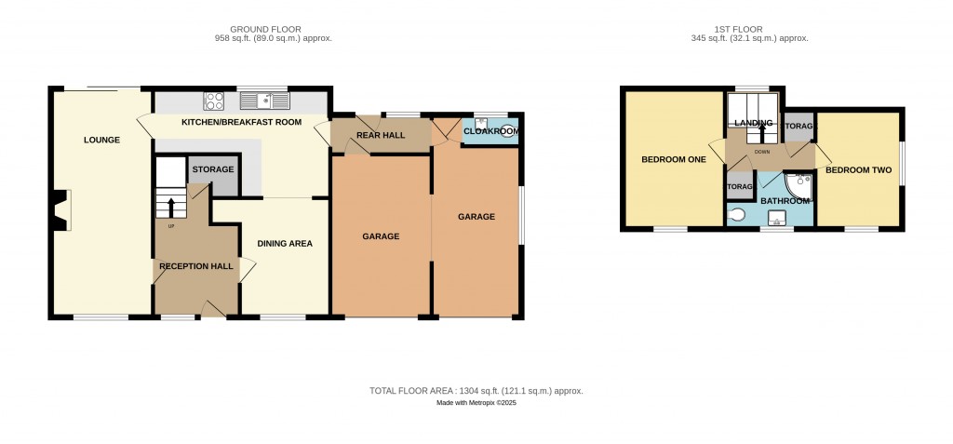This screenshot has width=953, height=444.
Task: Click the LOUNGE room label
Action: pyautogui.click(x=101, y=140)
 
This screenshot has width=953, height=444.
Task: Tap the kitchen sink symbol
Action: pyautogui.click(x=265, y=101)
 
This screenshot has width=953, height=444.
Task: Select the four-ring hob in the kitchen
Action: pyautogui.click(x=214, y=101)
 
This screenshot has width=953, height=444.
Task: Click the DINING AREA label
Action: pyautogui.click(x=285, y=243)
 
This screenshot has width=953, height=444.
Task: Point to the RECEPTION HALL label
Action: pyautogui.click(x=196, y=266)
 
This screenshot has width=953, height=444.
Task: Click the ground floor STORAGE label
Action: pyautogui.click(x=213, y=169)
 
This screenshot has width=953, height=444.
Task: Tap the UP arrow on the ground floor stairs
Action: pyautogui.click(x=169, y=207)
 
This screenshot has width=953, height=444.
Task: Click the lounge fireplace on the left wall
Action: pyautogui.click(x=60, y=210)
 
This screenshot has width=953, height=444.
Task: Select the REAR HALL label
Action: pyautogui.click(x=381, y=135)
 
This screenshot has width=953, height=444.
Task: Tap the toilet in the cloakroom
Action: pyautogui.click(x=510, y=130)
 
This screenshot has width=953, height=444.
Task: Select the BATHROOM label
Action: pyautogui.click(x=785, y=201)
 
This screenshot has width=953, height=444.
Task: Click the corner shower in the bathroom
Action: pyautogui.click(x=798, y=187)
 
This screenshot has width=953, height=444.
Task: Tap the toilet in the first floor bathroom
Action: pyautogui.click(x=737, y=215)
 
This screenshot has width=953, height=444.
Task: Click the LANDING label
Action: pyautogui.click(x=753, y=123)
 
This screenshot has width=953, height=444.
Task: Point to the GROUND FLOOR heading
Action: pyautogui.click(x=265, y=29)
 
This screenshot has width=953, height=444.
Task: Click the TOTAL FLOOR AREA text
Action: pyautogui.click(x=476, y=390)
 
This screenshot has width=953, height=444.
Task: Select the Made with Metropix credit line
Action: pyautogui.click(x=476, y=403)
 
